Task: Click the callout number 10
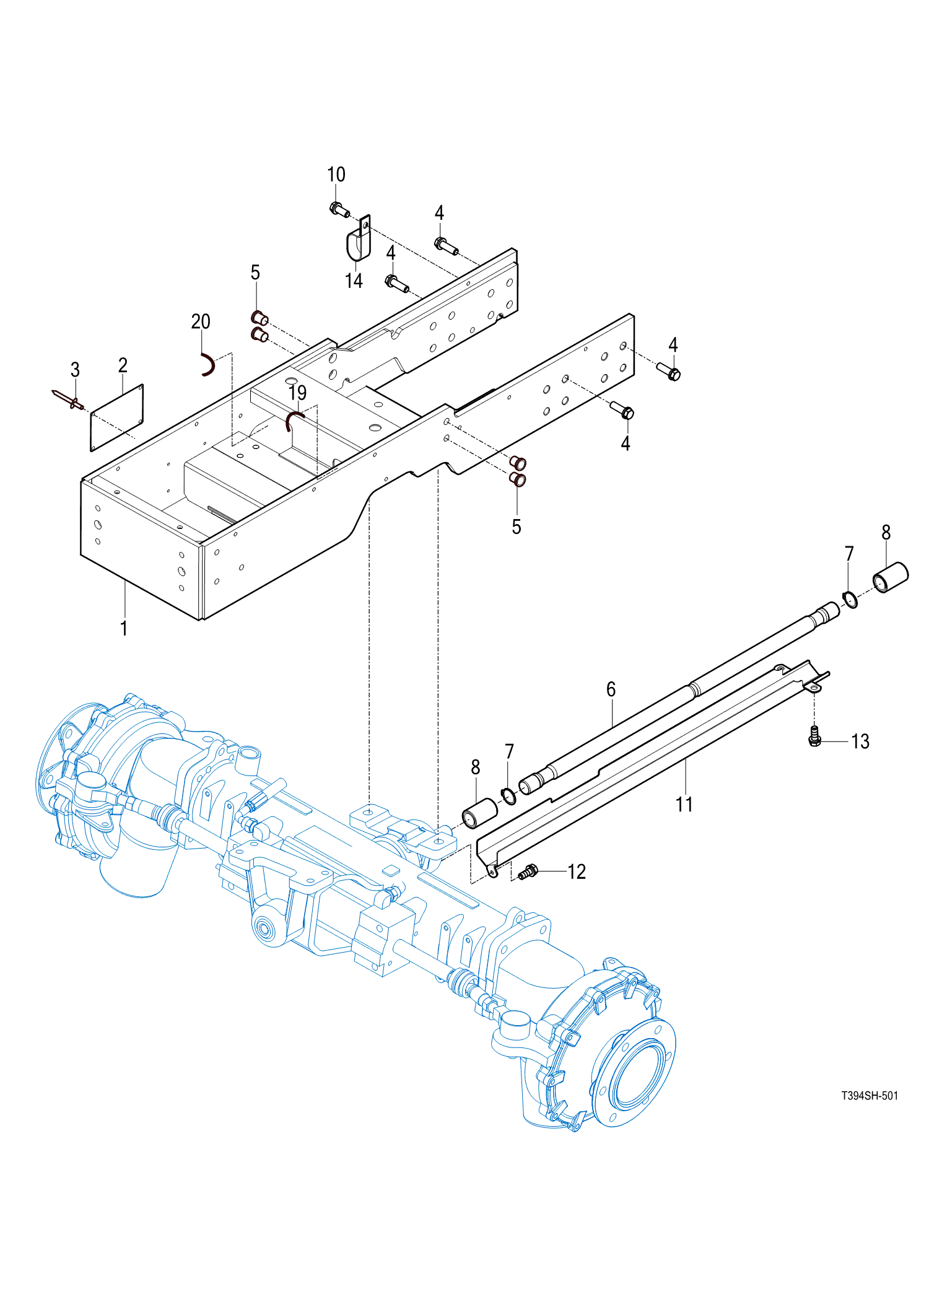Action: pos(336,175)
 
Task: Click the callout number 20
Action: pos(201,321)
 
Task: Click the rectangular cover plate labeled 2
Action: pos(117,417)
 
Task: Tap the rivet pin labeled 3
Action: pos(69,400)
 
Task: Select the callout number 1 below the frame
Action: pos(124,628)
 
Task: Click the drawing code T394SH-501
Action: pos(869,1096)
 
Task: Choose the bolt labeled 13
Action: pos(815,736)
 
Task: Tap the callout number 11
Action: pos(684,805)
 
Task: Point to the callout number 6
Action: pos(611,689)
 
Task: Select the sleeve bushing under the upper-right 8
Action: pos(890,577)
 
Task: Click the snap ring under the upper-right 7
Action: pos(850,599)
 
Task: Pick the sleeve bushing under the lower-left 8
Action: pos(480,812)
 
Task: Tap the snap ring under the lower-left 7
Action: pos(508,796)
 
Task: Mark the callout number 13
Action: pos(860,741)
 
